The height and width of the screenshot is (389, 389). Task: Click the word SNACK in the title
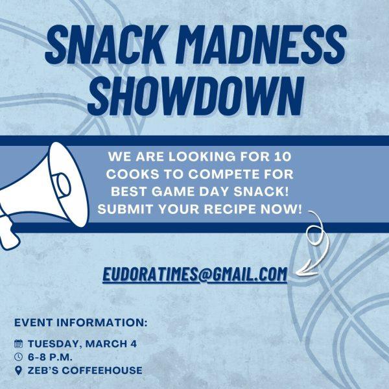[105, 45]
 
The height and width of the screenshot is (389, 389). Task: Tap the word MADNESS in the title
[261, 45]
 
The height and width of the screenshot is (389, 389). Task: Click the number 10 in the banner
[282, 157]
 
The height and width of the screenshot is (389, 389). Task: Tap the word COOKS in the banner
[132, 174]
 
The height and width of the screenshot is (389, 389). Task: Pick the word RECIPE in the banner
[230, 209]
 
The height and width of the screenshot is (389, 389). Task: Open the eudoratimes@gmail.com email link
[194, 274]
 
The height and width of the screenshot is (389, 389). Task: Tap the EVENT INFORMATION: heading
[81, 322]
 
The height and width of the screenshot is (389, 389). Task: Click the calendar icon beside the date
[19, 344]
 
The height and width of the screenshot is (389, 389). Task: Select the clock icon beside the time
[19, 357]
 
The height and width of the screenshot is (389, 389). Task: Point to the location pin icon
[19, 371]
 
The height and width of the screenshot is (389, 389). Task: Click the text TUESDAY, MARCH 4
[82, 344]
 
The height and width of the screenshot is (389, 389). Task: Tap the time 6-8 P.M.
[50, 357]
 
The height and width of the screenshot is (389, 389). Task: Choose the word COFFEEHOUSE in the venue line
[102, 370]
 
